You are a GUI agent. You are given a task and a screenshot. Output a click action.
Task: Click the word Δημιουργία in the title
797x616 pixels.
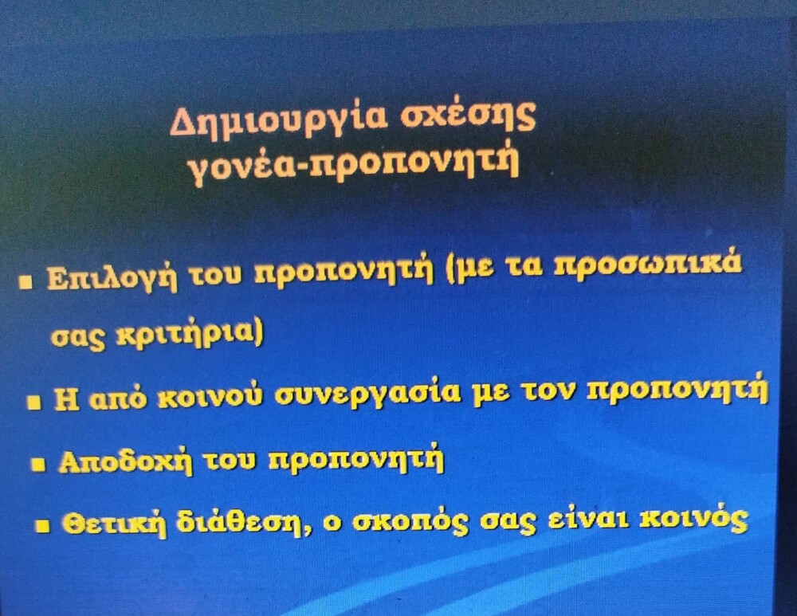(x=277, y=120)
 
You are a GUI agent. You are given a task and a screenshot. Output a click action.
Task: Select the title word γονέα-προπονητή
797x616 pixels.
(x=355, y=166)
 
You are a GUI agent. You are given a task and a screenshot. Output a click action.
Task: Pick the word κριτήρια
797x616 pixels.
(x=190, y=335)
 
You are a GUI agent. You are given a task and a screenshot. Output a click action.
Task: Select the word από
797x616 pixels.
(x=118, y=400)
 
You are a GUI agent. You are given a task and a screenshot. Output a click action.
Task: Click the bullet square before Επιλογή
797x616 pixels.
(x=25, y=281)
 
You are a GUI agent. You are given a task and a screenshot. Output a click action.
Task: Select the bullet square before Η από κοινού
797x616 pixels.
(x=34, y=403)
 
